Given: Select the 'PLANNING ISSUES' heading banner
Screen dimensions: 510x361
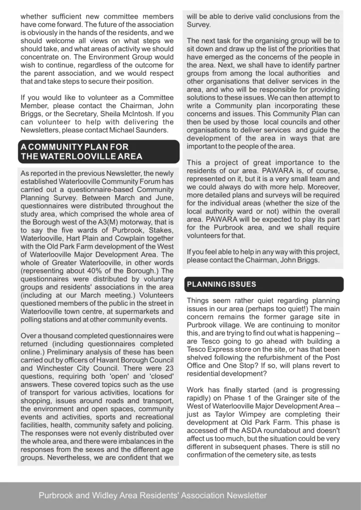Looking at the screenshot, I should coord(221,284).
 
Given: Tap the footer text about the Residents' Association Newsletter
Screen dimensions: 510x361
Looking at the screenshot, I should coord(153,496).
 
